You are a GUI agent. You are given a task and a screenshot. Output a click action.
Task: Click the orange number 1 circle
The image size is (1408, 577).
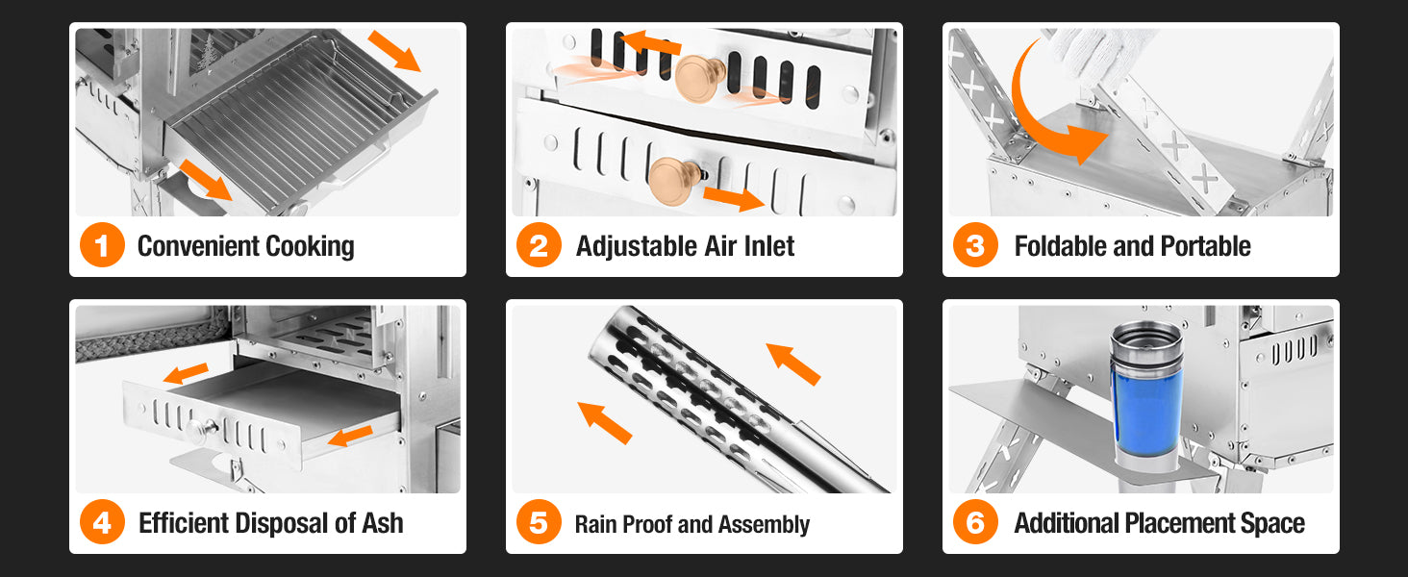click(102, 244)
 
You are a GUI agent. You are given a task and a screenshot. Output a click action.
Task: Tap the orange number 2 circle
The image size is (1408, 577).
click(539, 244)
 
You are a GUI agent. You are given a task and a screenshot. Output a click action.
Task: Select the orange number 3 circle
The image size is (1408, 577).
click(975, 244)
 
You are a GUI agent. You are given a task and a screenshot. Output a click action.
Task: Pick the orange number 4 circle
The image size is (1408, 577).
click(102, 521)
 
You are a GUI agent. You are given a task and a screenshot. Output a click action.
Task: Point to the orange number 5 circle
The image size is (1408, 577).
click(539, 521)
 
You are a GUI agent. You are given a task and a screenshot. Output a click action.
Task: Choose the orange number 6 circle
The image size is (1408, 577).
click(975, 521)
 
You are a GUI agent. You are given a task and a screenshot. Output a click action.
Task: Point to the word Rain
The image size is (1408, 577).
click(595, 524)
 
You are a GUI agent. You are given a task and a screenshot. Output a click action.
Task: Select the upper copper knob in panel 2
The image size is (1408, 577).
click(699, 78)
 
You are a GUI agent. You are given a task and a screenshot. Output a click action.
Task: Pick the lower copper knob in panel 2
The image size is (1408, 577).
click(674, 181)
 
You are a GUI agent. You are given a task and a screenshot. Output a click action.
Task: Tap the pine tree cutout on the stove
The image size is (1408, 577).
click(207, 54)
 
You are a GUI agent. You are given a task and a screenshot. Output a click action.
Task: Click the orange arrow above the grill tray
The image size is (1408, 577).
click(394, 50)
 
